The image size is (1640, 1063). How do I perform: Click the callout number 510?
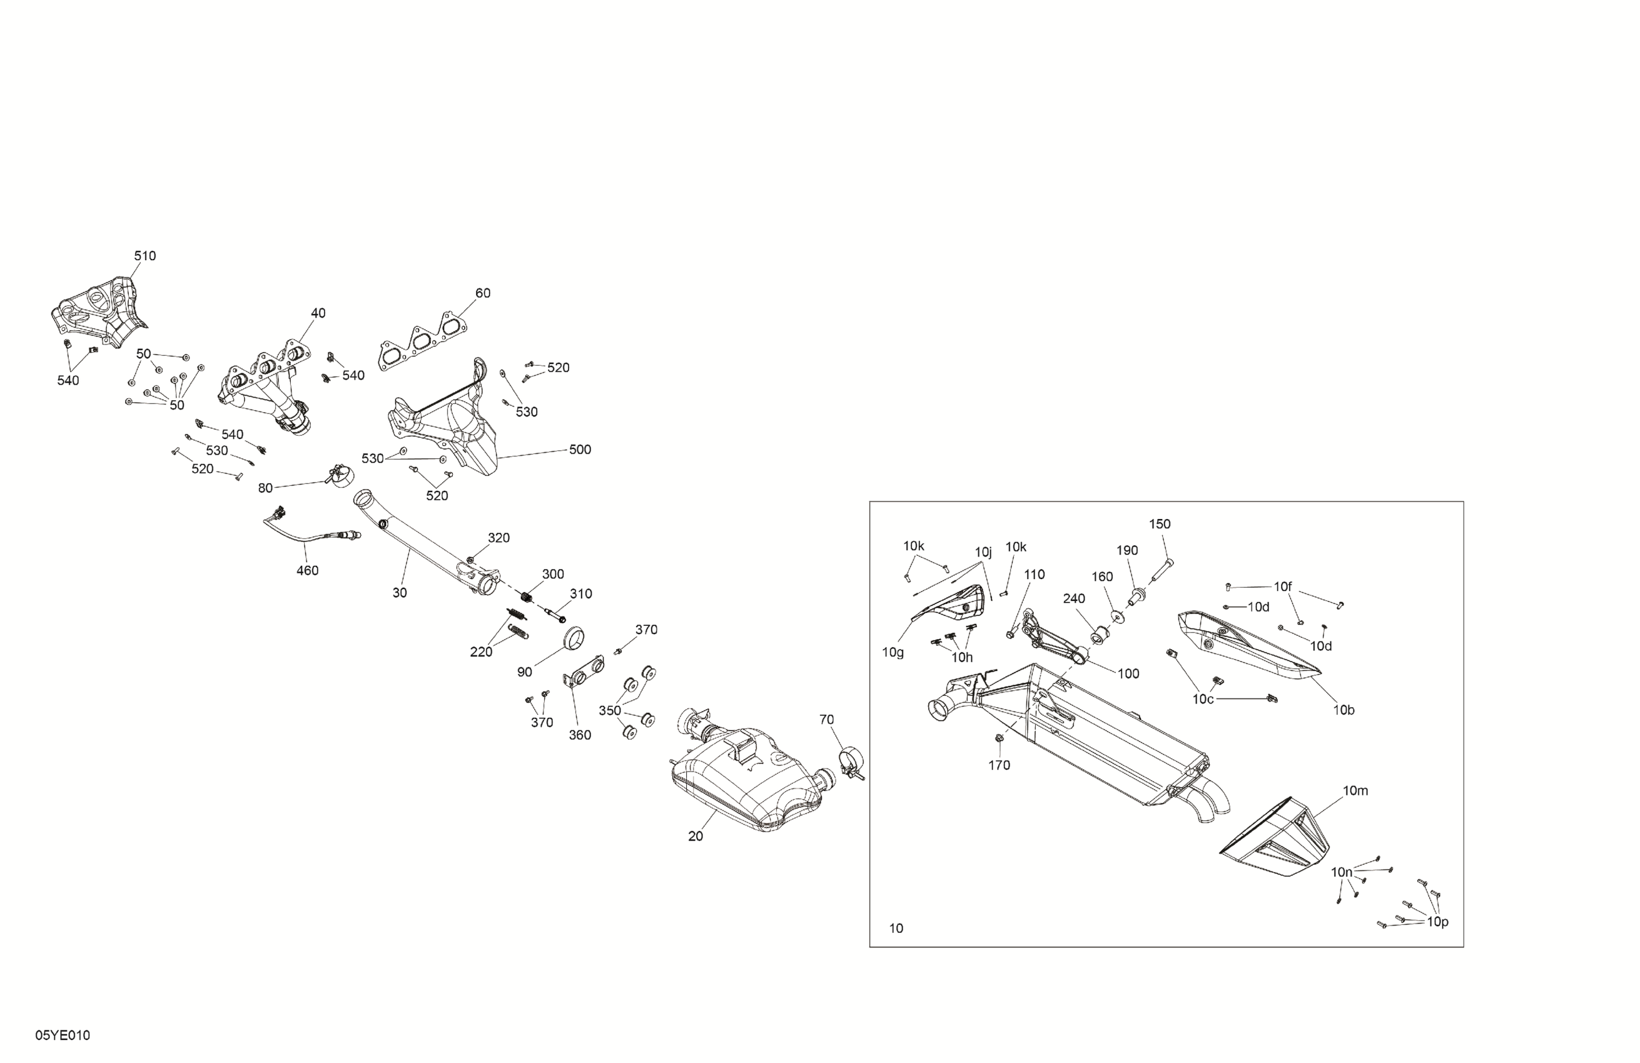[x=144, y=256]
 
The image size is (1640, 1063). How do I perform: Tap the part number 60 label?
[x=483, y=293]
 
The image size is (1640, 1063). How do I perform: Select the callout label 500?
[x=580, y=450]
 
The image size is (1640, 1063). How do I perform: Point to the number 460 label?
[x=307, y=570]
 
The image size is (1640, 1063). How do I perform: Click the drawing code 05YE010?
[x=63, y=1035]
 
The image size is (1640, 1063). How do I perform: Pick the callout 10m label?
[x=1355, y=791]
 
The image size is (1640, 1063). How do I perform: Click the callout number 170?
[x=999, y=765]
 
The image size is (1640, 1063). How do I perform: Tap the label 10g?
[x=893, y=652]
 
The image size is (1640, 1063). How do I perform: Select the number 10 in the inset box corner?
[x=896, y=929]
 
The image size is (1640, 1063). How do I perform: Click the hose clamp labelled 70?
[x=849, y=761]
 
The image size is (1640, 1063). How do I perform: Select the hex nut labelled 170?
[x=998, y=739]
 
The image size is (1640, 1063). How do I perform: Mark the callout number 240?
[x=1073, y=598]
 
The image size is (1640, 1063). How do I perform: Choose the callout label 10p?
[x=1437, y=922]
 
